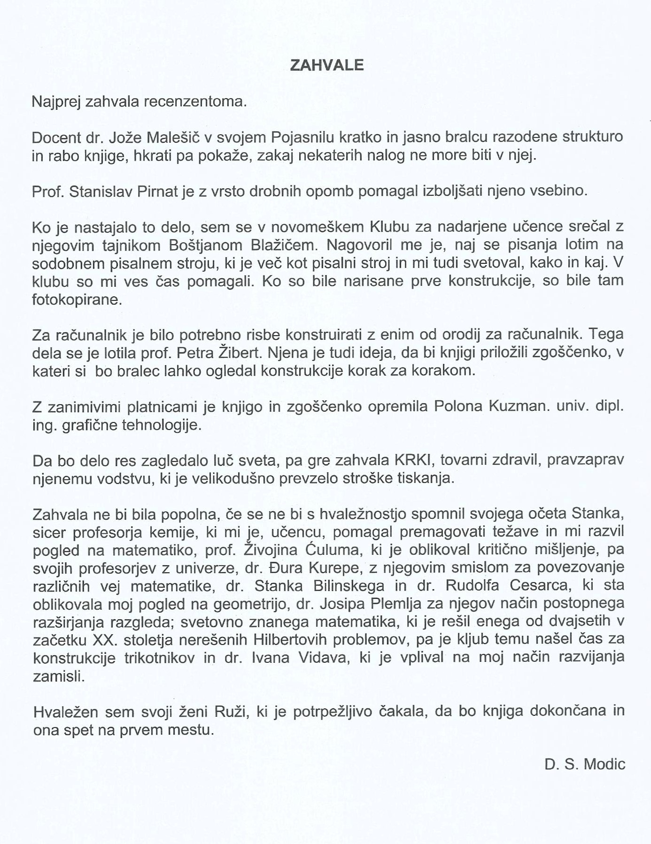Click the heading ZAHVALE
pyautogui.click(x=327, y=65)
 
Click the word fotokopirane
pyautogui.click(x=77, y=299)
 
